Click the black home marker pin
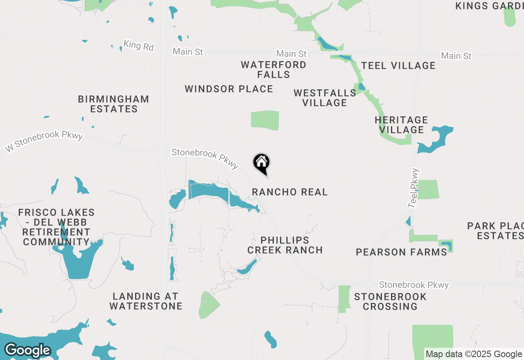pyautogui.click(x=261, y=163)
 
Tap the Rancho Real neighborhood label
pyautogui.click(x=290, y=192)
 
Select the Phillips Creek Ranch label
pyautogui.click(x=285, y=245)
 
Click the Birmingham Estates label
pyautogui.click(x=113, y=104)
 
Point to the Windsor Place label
pyautogui.click(x=229, y=89)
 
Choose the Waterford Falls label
pyautogui.click(x=273, y=70)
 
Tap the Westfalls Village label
pyautogui.click(x=325, y=98)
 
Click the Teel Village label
pyautogui.click(x=398, y=65)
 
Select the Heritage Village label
pyautogui.click(x=401, y=125)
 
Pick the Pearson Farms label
pyautogui.click(x=401, y=252)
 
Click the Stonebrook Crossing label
pyautogui.click(x=390, y=301)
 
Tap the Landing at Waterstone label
pyautogui.click(x=146, y=301)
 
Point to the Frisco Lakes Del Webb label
pyautogui.click(x=56, y=227)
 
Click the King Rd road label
pyautogui.click(x=138, y=45)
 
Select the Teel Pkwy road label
pyautogui.click(x=414, y=188)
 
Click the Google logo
pyautogui.click(x=27, y=351)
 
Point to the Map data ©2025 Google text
pyautogui.click(x=474, y=354)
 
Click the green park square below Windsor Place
pyautogui.click(x=265, y=120)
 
